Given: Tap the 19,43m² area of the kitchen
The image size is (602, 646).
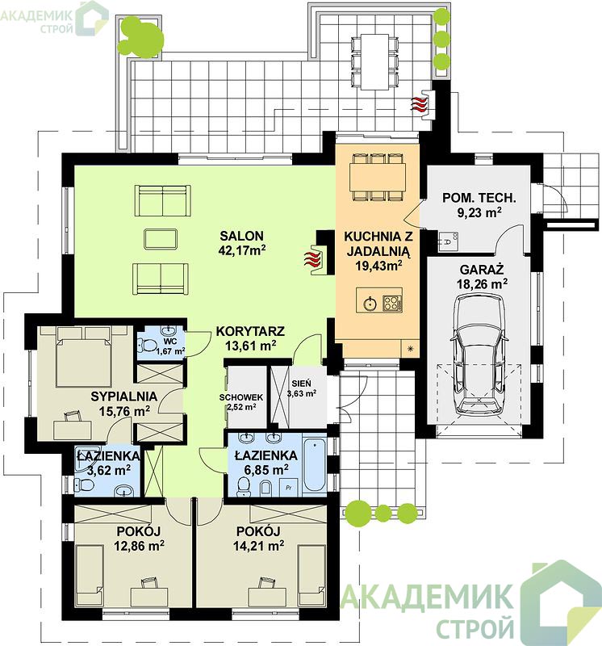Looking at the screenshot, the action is point(378,266).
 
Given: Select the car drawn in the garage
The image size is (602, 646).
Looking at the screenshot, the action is point(478,355).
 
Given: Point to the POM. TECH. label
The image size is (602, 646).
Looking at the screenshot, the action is point(479,198).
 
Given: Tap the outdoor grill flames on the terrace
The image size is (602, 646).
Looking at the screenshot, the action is point(419,103).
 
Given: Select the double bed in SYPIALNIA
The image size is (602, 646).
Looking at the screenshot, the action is point(85,356).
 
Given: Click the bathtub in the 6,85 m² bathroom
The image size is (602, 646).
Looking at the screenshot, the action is point(315,464).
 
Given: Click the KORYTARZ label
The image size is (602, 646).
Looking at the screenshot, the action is point(250,331).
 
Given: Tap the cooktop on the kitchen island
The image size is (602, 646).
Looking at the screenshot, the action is point(392,304).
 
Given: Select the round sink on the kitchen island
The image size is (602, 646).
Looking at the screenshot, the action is point(370,304).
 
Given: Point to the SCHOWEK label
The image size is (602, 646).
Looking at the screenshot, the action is point(241,397).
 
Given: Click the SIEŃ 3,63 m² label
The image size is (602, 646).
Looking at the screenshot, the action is point(302,388).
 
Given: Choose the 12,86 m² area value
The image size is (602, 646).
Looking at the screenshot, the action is point(140,546).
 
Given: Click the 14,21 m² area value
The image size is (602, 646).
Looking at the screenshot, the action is point(258,546).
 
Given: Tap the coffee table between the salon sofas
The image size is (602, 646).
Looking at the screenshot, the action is point(161,239).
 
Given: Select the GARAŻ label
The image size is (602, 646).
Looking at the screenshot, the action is point(482,271).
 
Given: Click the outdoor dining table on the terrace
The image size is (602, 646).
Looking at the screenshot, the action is point(374,62).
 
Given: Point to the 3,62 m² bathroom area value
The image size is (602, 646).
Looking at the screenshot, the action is point(109,470).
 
